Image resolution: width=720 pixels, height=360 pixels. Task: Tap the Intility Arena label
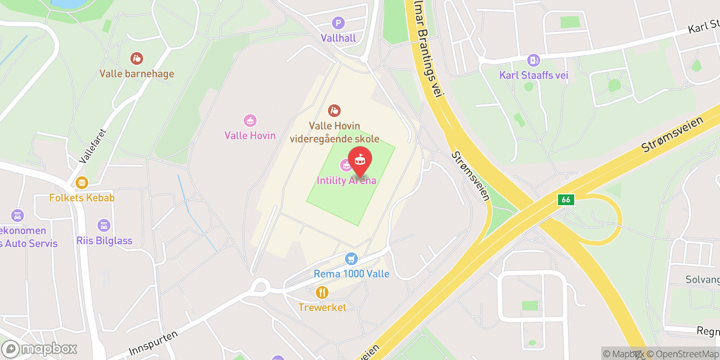pyautogui.click(x=346, y=180)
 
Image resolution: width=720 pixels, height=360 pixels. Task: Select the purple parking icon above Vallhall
pyautogui.click(x=338, y=23)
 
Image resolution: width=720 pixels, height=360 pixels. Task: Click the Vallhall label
pyautogui.click(x=338, y=38)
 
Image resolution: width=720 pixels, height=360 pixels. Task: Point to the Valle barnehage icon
pyautogui.click(x=136, y=58)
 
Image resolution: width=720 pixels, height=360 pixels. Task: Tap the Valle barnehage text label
pyautogui.click(x=136, y=74)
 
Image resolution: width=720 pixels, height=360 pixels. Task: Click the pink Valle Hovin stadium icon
pyautogui.click(x=250, y=121)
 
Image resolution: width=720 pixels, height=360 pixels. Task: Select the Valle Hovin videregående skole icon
pyautogui.click(x=334, y=110)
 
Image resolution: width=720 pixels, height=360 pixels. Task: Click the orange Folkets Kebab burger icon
pyautogui.click(x=81, y=182)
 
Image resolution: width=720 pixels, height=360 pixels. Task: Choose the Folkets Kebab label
pyautogui.click(x=82, y=198)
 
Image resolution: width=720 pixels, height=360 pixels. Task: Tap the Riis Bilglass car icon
pyautogui.click(x=103, y=225)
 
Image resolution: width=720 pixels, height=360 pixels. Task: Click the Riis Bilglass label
pyautogui.click(x=104, y=241)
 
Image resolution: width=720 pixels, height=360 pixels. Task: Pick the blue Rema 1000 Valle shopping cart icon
pyautogui.click(x=351, y=259)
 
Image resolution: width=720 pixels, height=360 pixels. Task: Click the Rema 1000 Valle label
pyautogui.click(x=351, y=274)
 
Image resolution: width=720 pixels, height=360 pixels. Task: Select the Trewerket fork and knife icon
pyautogui.click(x=322, y=292)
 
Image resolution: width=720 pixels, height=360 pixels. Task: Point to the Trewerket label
pyautogui.click(x=322, y=307)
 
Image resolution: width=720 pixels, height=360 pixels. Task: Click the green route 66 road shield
pyautogui.click(x=566, y=199)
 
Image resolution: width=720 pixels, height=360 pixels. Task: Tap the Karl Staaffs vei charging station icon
pyautogui.click(x=533, y=60)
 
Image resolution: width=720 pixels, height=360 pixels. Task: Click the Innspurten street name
pyautogui.click(x=153, y=343)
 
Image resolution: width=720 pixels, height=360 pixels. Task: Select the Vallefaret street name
pyautogui.click(x=93, y=146)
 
